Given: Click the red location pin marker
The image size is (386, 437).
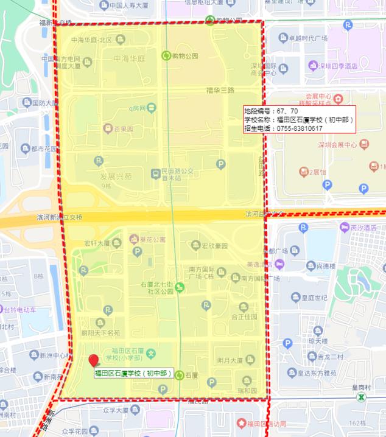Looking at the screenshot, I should coord(94,361).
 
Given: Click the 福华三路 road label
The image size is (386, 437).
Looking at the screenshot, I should coord(220,91).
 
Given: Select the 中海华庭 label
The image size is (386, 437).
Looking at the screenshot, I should coord(128,59).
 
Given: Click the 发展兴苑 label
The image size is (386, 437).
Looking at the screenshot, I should coord(116,176).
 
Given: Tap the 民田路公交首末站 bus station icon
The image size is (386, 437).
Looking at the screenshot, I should coord(156,174).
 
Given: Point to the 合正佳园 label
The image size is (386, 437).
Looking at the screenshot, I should coord(244,317).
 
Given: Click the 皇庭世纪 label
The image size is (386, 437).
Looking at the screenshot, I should coord(318,298).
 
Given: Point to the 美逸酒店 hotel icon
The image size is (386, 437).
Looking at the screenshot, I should coord(279,264).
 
